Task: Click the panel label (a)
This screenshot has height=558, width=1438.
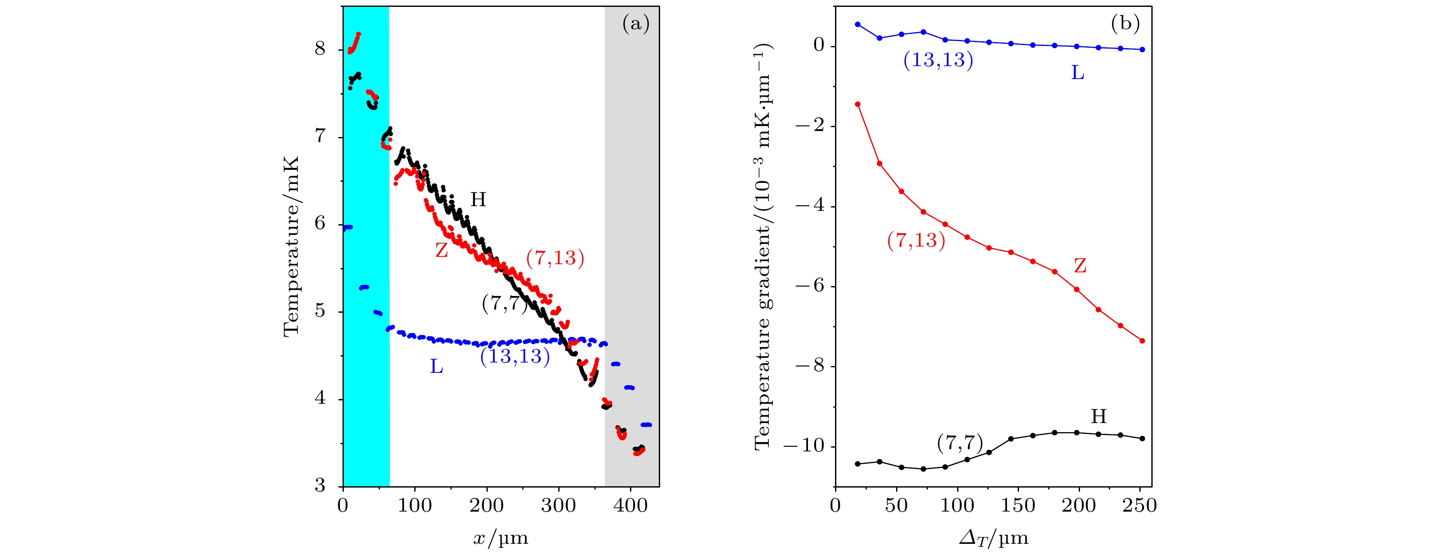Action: (x=635, y=24)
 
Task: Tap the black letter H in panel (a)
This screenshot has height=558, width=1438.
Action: (x=478, y=200)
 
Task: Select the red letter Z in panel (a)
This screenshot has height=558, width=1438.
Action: (x=441, y=250)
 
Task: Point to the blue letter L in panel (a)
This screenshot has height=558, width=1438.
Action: (x=437, y=366)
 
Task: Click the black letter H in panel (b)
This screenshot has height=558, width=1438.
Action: (x=1098, y=416)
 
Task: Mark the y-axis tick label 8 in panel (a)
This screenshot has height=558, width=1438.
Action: (x=320, y=49)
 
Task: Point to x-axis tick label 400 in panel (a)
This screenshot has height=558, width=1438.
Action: (x=630, y=506)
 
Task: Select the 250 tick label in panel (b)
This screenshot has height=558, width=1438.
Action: (x=1139, y=506)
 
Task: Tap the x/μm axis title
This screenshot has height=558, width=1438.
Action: (x=501, y=539)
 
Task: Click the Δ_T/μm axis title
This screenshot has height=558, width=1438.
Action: (x=993, y=539)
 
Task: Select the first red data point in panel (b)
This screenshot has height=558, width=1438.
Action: (x=857, y=104)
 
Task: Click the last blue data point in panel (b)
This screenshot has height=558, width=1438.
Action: (x=1142, y=50)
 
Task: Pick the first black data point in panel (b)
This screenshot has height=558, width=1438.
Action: (x=857, y=463)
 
